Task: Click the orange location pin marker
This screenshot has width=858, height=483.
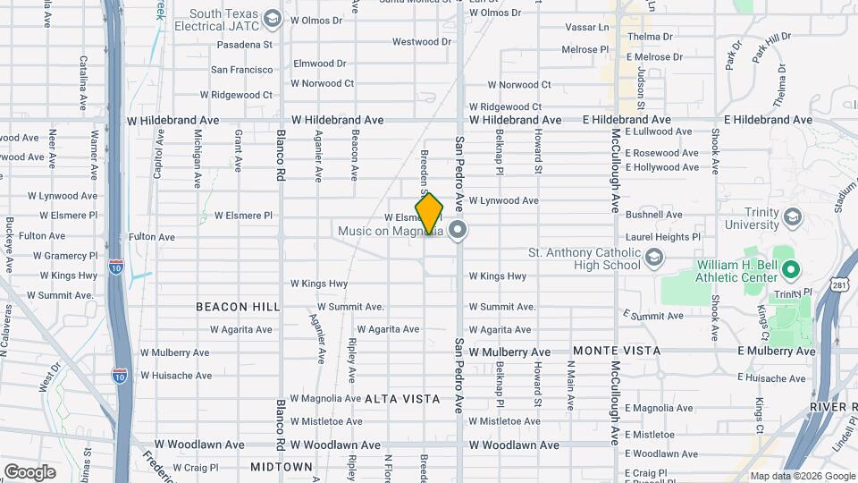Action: tap(429, 214)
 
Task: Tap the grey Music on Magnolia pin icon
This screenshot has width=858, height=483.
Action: tap(458, 232)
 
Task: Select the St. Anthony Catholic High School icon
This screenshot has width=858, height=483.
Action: tap(654, 258)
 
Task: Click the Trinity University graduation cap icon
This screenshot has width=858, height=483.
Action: tap(792, 218)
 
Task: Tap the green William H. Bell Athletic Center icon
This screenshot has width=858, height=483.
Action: tap(790, 268)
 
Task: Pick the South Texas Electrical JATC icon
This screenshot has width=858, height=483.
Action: tap(273, 19)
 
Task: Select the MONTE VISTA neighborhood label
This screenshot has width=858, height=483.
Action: tap(617, 352)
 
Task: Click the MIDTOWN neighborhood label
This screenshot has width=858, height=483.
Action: tap(282, 467)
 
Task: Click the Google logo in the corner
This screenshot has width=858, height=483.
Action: tap(29, 471)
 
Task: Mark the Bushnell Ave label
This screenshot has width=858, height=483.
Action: tap(653, 215)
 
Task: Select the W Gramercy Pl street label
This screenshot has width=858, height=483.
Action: tap(70, 256)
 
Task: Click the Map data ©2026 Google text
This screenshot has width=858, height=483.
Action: tap(801, 476)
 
